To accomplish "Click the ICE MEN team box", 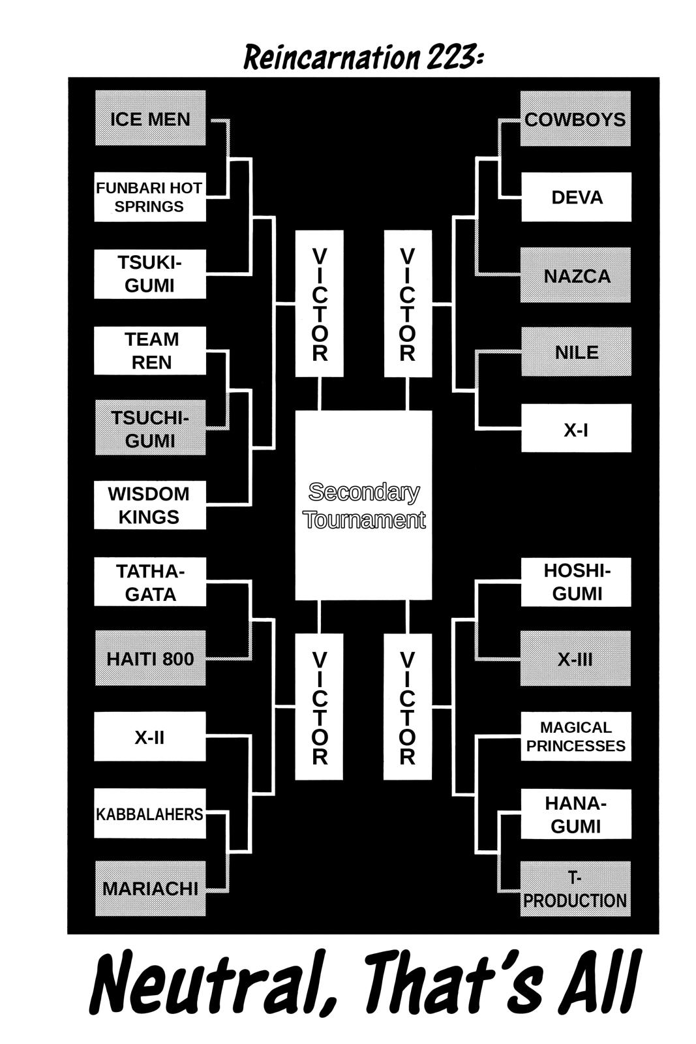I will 150,119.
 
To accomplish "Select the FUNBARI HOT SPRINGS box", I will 150,197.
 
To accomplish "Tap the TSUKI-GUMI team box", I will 150,274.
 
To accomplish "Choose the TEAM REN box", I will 150,351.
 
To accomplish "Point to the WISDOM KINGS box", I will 150,505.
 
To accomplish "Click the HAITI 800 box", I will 150,658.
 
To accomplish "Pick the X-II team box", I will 150,737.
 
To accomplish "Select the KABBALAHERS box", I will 150,814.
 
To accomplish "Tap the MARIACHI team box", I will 150,888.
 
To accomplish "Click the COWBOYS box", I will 575,119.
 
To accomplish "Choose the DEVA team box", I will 576,197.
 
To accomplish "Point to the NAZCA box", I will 576,275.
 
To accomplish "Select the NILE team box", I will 576,352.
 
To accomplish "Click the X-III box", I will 575,658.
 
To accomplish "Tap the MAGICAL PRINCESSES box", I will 575,737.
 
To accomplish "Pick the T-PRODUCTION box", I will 575,889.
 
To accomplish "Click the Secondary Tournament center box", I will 363,505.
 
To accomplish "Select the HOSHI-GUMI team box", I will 575,582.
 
